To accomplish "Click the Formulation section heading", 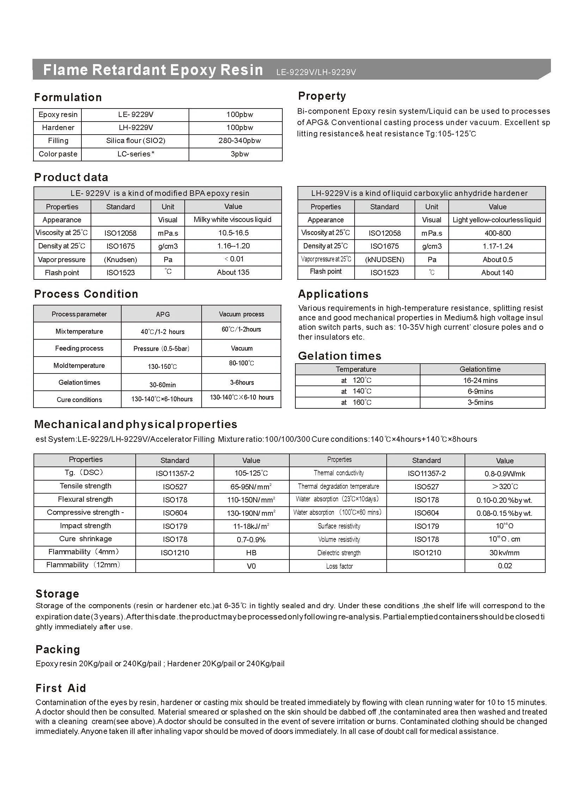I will coord(68,97).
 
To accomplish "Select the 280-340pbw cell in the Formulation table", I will coord(240,141).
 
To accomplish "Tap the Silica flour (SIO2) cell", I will coord(135,141).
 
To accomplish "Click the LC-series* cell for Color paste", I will coord(135,154).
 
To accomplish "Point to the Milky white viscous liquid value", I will coord(233,220).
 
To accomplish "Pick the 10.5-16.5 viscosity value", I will coord(233,233).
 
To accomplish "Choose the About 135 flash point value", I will coord(233,272).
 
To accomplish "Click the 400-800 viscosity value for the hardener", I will coord(498,233).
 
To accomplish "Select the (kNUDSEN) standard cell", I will coord(384,260).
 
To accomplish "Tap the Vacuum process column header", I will coord(241,314).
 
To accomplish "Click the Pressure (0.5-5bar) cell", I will coord(162,348).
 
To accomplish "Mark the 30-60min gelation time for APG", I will coord(162,385).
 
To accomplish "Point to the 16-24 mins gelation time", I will coord(480,380).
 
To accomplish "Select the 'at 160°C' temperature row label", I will coord(356,402).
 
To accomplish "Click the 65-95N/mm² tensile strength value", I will coord(251,487).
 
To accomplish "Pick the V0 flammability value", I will coord(251,566).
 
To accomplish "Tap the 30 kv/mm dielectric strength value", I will coord(504,553).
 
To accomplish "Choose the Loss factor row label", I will coord(339,566).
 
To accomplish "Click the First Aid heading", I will coord(61,688).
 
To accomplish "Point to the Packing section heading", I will coord(58,649).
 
